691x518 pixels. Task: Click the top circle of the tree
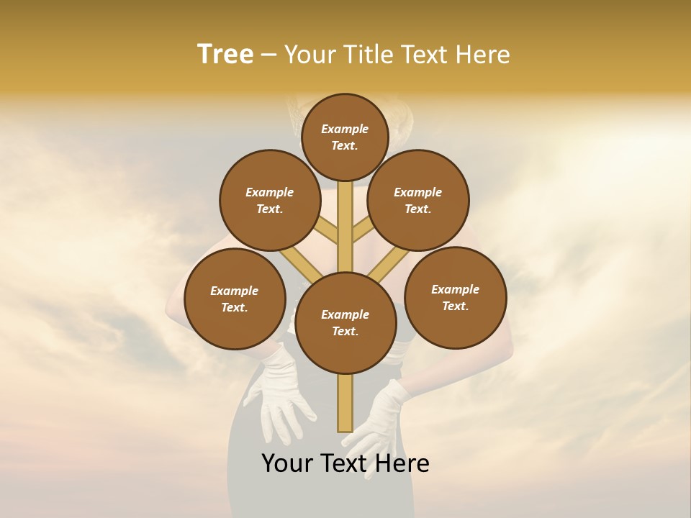345,137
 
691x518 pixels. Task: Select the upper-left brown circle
270,200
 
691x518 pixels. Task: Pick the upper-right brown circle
418,200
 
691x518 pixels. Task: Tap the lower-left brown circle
235,299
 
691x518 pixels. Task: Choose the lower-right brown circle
456,297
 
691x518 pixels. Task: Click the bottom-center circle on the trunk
345,323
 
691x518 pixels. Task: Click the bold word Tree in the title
225,54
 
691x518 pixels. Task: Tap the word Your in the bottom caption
287,463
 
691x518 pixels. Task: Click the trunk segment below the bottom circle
345,403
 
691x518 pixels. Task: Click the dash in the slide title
269,55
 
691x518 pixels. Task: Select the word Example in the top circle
345,129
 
